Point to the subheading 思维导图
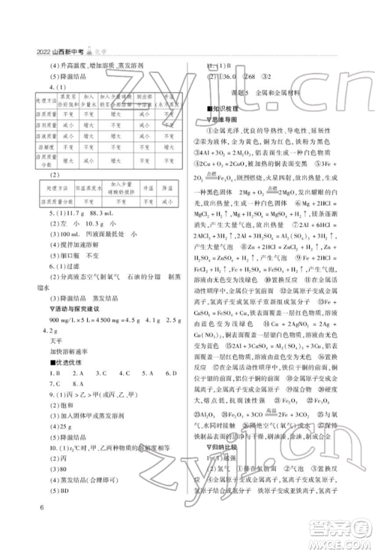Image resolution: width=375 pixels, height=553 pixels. (x=226, y=119)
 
